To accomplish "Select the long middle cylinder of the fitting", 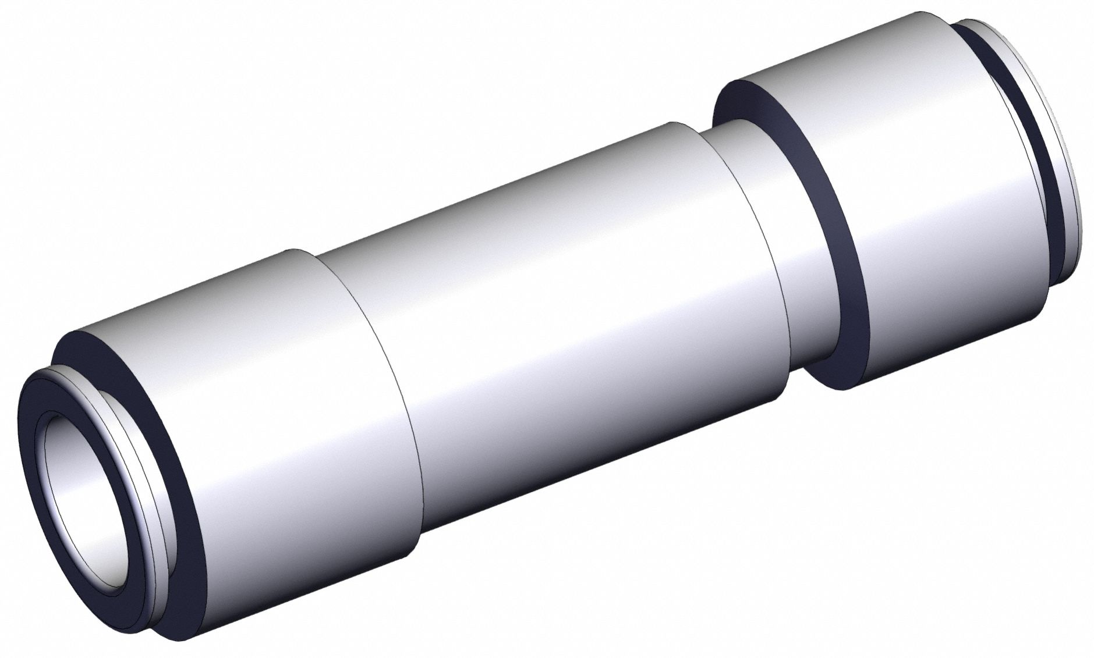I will pyautogui.click(x=553, y=291).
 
